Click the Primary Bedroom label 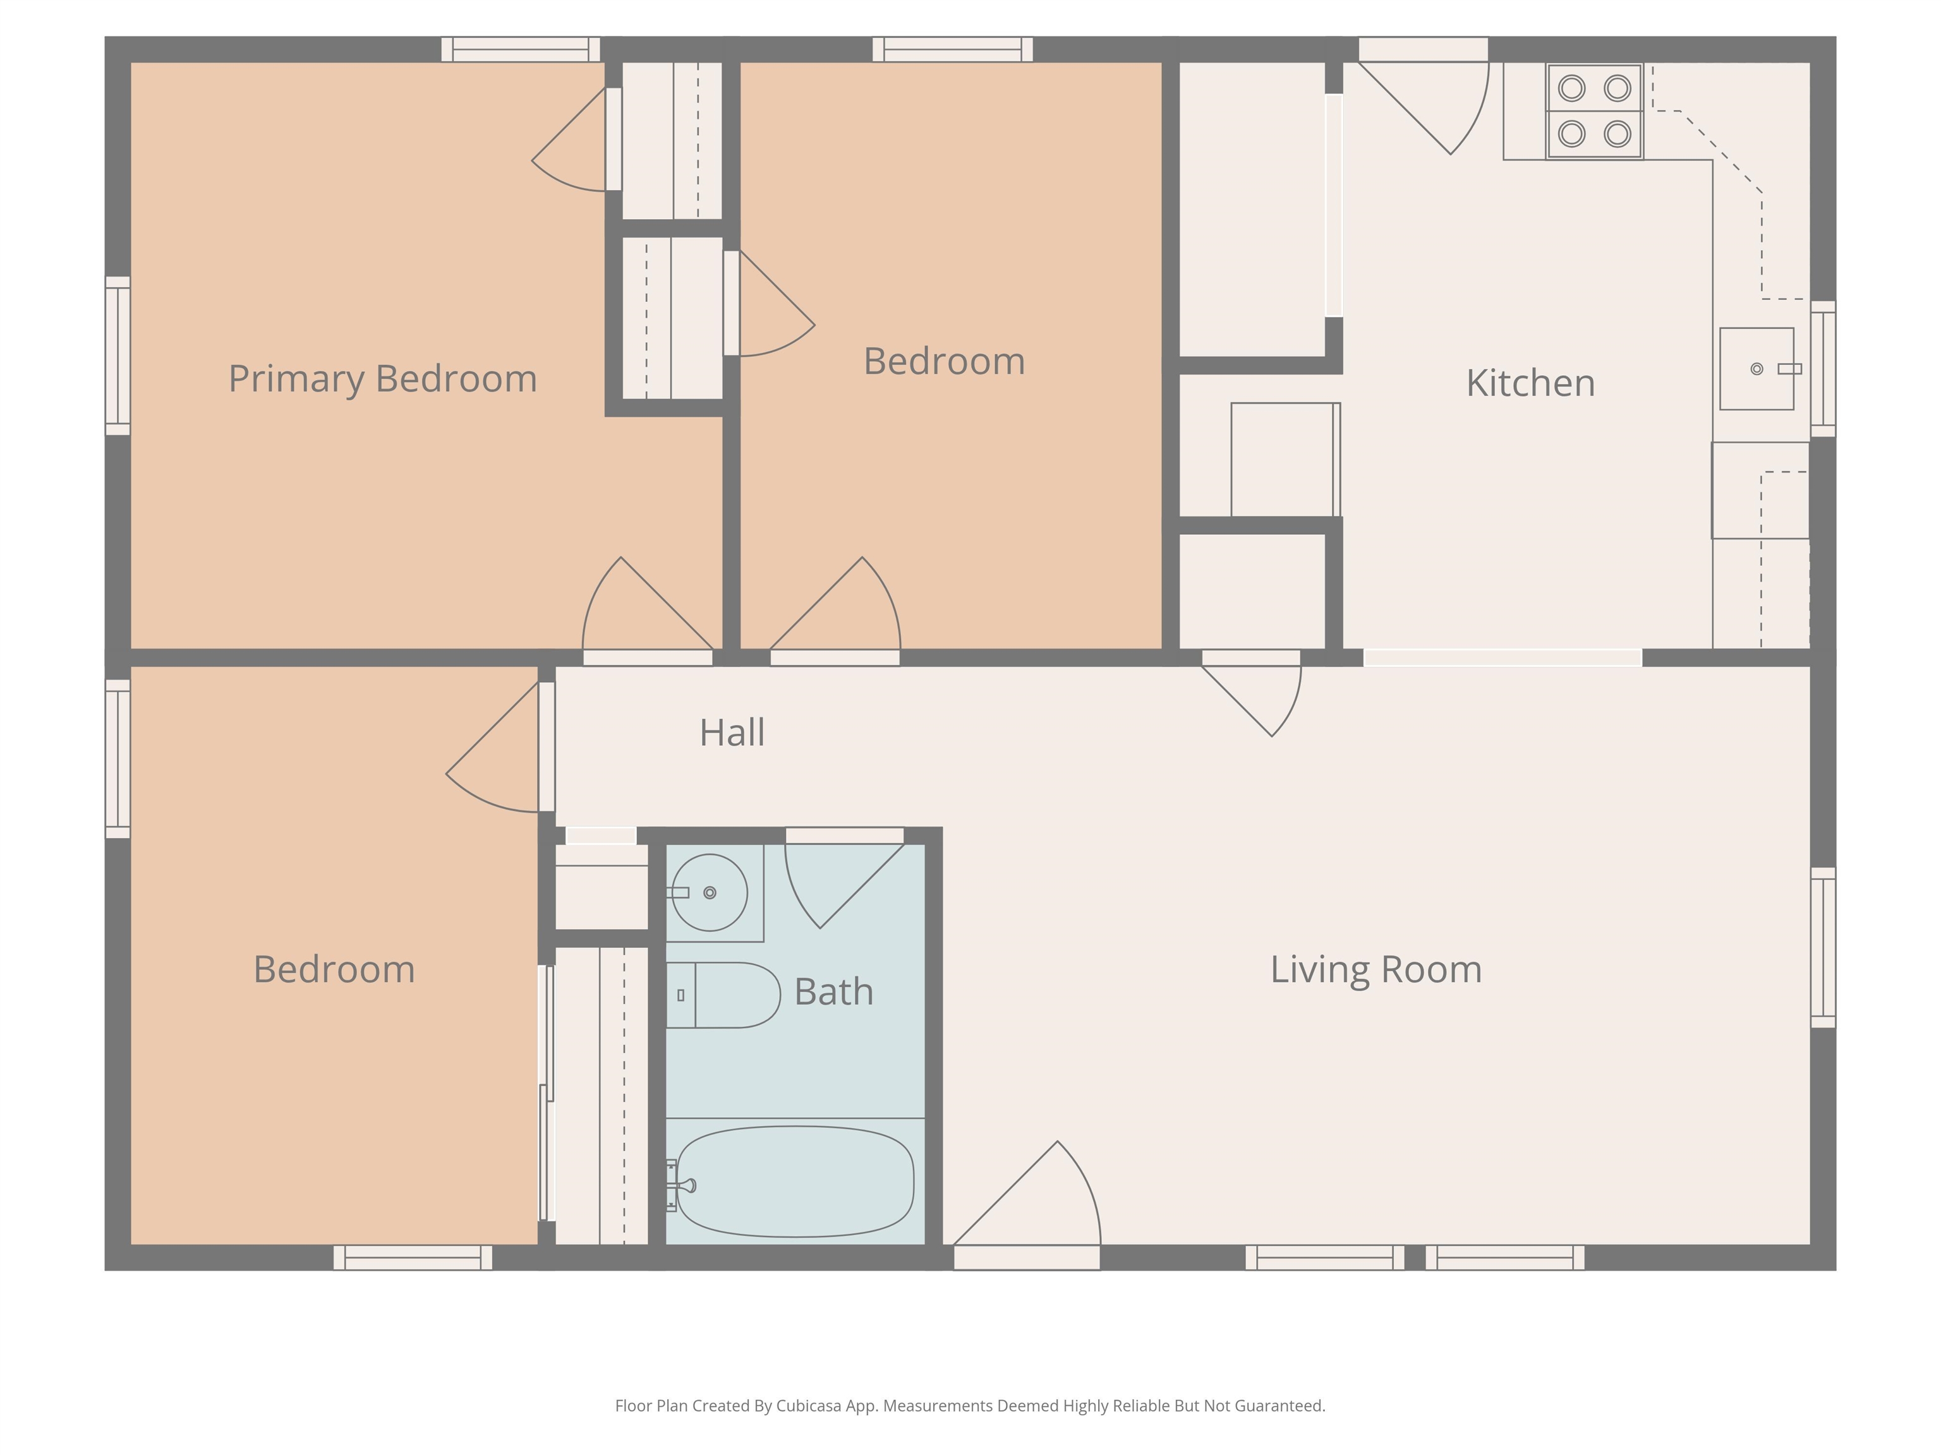coord(383,379)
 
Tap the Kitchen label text coord(1530,383)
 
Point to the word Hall coord(732,733)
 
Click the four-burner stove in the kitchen coord(1594,111)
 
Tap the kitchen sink coord(1757,368)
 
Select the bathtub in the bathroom coord(795,1182)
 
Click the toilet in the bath coord(723,995)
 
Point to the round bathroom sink coord(710,892)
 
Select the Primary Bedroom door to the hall coord(645,614)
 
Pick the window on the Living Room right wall coord(1823,947)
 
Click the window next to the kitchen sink coord(1823,368)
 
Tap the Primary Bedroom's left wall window coord(118,355)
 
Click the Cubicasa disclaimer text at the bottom coord(970,1406)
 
